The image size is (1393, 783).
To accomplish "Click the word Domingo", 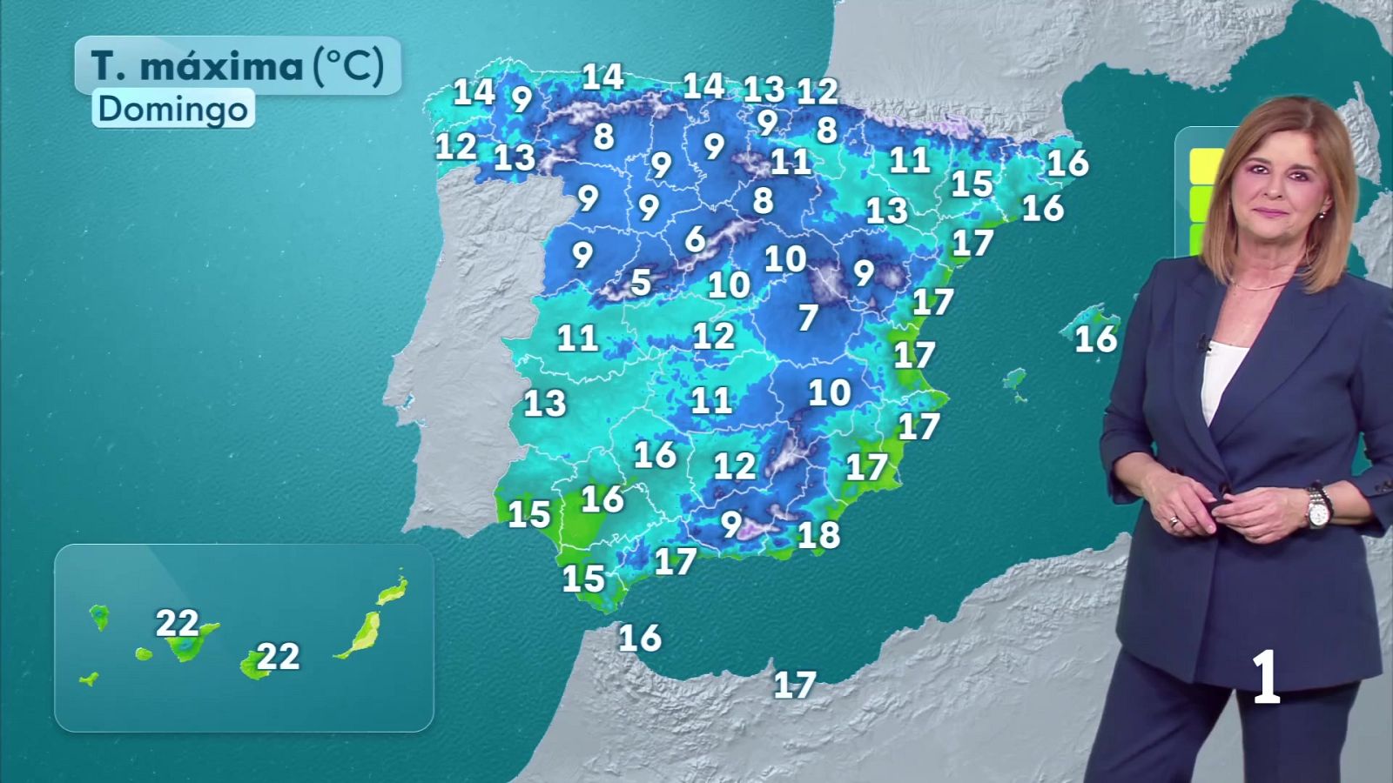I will coord(172,109).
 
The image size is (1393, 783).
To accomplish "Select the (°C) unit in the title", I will coord(348,65).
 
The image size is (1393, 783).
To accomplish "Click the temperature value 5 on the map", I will coord(641,282).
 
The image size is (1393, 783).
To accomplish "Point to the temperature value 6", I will coord(695,238).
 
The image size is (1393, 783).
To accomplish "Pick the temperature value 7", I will coord(808,318).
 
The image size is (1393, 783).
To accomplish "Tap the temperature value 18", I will coord(818,534).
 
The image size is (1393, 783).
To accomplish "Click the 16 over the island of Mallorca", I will coord(1095,338).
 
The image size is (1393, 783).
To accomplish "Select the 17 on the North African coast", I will coord(795,685).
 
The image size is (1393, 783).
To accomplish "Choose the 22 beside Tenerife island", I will coord(177,623).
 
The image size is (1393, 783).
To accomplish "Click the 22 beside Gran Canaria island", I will coord(278,656).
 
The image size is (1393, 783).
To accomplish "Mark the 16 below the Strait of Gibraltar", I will coord(640,639).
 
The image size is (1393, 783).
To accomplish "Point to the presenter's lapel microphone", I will coord(1204,345).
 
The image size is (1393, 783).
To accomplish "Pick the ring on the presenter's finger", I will coord(1174,521).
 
